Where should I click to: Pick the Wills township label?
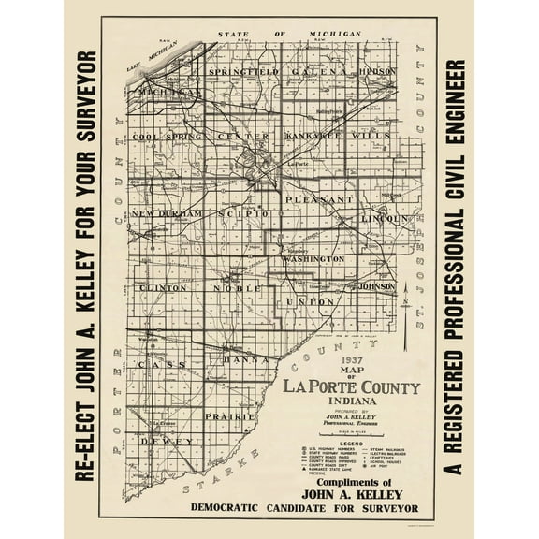click(373, 136)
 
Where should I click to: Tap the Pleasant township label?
click(317, 199)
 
